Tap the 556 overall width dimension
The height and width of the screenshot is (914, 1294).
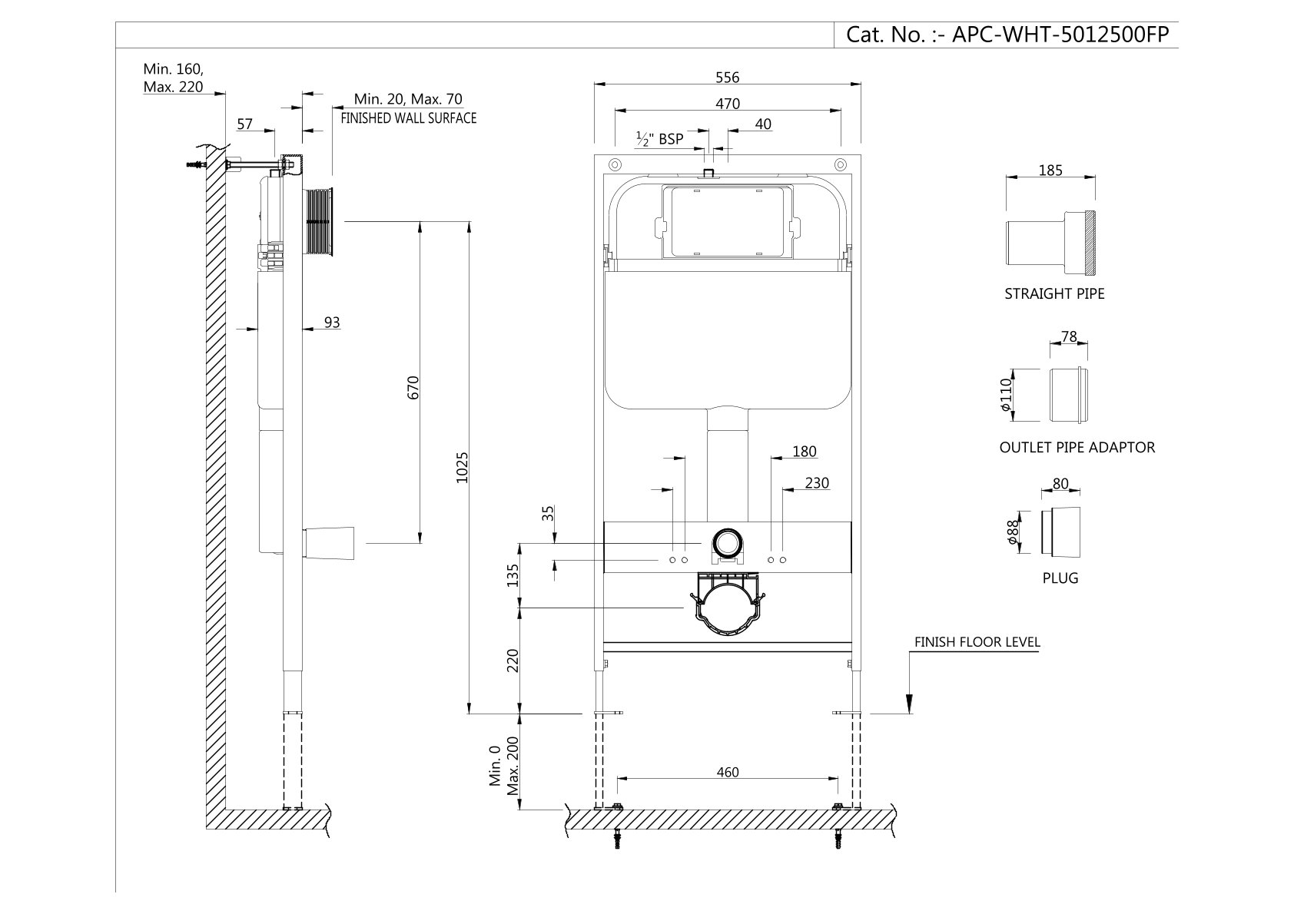727,77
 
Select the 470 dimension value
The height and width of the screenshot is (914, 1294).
727,104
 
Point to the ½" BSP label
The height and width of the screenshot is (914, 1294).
659,139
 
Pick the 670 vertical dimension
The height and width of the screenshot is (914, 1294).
413,386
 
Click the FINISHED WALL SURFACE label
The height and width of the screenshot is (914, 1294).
408,118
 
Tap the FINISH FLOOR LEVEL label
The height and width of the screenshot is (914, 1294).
977,642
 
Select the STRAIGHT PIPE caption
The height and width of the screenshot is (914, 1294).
1054,293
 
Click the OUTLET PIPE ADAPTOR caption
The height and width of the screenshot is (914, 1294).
1077,447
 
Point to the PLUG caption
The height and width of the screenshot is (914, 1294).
1060,578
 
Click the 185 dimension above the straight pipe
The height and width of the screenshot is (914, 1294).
1050,171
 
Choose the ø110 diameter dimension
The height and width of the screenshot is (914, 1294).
1006,395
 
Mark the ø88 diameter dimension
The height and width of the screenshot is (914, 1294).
1013,530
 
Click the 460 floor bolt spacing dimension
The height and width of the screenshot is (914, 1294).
727,772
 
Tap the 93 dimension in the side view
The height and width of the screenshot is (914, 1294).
331,323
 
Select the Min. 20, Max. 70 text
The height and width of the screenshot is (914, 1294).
408,99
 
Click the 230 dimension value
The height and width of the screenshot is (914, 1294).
817,483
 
